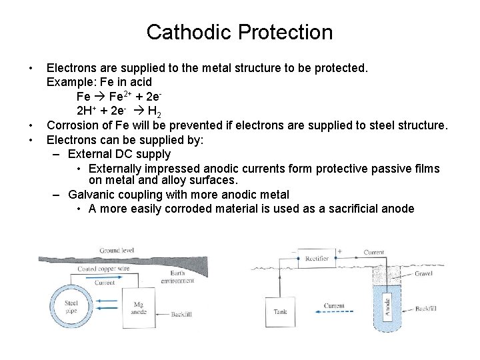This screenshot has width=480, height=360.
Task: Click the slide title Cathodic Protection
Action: tap(239, 32)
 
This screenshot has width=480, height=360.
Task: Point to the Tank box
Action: tap(280, 311)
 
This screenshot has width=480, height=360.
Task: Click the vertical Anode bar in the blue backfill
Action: tap(387, 307)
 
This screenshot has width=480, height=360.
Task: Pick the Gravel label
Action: tap(423, 273)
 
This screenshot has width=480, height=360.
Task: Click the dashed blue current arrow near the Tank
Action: tap(333, 311)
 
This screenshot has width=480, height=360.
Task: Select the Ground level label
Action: tap(117, 251)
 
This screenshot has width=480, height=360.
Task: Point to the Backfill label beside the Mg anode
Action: tap(181, 314)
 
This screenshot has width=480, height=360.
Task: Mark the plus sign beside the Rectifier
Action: tap(339, 252)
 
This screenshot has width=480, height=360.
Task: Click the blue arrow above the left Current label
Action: tap(105, 275)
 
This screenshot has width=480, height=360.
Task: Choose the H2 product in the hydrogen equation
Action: tap(153, 111)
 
